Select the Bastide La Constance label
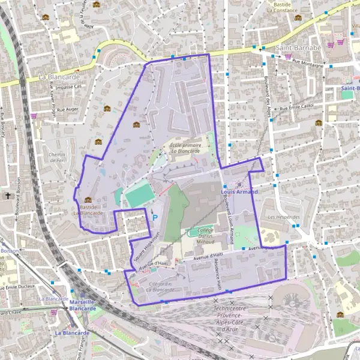pos(281,7)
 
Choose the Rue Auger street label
pos(67,110)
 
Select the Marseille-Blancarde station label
pos(83,305)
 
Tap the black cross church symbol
pos(8,196)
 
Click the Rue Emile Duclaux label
pos(19,287)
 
